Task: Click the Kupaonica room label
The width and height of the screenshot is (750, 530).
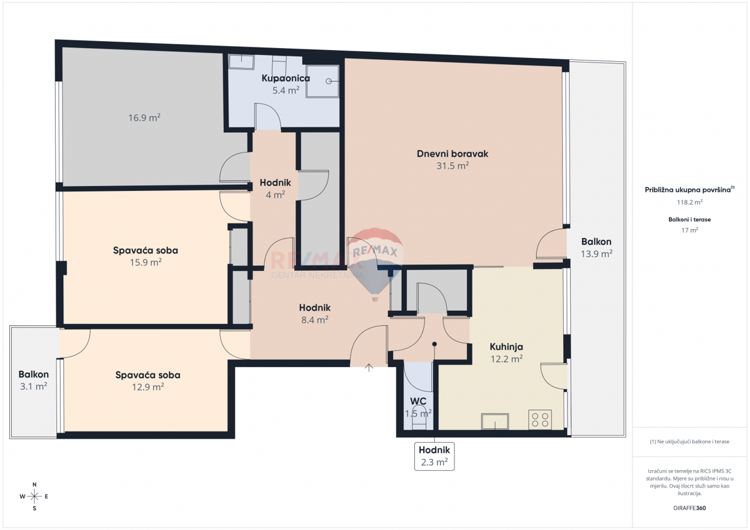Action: [285, 79]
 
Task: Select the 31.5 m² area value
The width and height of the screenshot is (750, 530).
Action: [452, 166]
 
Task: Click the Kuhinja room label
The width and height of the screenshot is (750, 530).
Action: [506, 346]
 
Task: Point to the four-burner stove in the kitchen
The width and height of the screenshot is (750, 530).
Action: [540, 420]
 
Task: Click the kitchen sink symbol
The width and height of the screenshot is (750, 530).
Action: [494, 422]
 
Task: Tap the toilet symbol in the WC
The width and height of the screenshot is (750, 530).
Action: [419, 420]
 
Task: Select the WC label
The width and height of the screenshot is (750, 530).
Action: [418, 401]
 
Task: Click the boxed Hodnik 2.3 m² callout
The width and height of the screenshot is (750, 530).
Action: [434, 456]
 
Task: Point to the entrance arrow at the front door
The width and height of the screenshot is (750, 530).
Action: [369, 368]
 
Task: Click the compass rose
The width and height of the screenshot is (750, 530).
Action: [34, 496]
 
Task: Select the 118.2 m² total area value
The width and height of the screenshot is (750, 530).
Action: [689, 202]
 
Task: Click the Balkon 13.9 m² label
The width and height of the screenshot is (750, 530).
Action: [596, 247]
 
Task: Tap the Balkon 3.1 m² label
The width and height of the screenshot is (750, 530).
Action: [33, 380]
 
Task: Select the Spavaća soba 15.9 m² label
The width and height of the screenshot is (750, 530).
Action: [145, 256]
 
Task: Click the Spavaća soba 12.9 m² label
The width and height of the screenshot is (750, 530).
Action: [147, 381]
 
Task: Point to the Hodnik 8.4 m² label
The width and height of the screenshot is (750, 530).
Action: [314, 313]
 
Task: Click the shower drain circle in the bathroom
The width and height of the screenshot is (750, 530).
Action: [329, 81]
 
